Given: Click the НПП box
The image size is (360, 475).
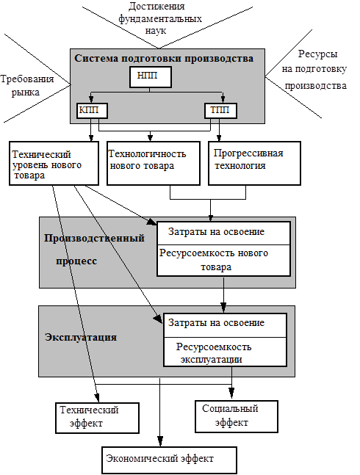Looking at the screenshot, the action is (x=151, y=77).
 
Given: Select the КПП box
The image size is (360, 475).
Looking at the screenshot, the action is (x=92, y=111).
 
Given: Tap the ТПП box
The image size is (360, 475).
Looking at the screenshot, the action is (x=220, y=111).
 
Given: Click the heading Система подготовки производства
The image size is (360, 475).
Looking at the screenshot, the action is (x=164, y=59).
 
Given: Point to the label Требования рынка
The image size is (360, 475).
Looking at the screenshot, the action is (x=26, y=85).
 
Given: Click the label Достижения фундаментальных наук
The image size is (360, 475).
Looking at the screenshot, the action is (x=159, y=18).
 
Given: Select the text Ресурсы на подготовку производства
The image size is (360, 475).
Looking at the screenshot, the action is (x=314, y=70).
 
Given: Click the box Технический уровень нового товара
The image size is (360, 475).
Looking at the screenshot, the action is (x=54, y=163).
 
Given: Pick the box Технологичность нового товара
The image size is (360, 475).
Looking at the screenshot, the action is (x=154, y=163).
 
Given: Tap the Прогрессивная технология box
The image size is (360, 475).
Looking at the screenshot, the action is (x=254, y=163).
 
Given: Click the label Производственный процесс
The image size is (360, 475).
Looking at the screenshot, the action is (x=94, y=250).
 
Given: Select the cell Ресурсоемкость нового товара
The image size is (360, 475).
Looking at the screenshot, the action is (x=223, y=261).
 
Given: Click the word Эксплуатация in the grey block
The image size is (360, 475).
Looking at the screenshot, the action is (x=81, y=337).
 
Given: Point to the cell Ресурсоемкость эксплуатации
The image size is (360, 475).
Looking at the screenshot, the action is (x=225, y=352).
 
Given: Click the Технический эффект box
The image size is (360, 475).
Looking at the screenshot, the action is (x=97, y=418).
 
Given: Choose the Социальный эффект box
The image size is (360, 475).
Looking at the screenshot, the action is (x=237, y=416).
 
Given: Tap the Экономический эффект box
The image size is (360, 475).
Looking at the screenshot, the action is (x=169, y=460).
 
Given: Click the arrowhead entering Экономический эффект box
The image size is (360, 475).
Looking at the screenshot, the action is (x=160, y=442).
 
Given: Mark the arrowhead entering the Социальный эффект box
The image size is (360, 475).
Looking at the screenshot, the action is (x=231, y=393).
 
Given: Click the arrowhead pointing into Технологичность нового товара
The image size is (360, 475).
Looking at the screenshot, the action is (x=150, y=138).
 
